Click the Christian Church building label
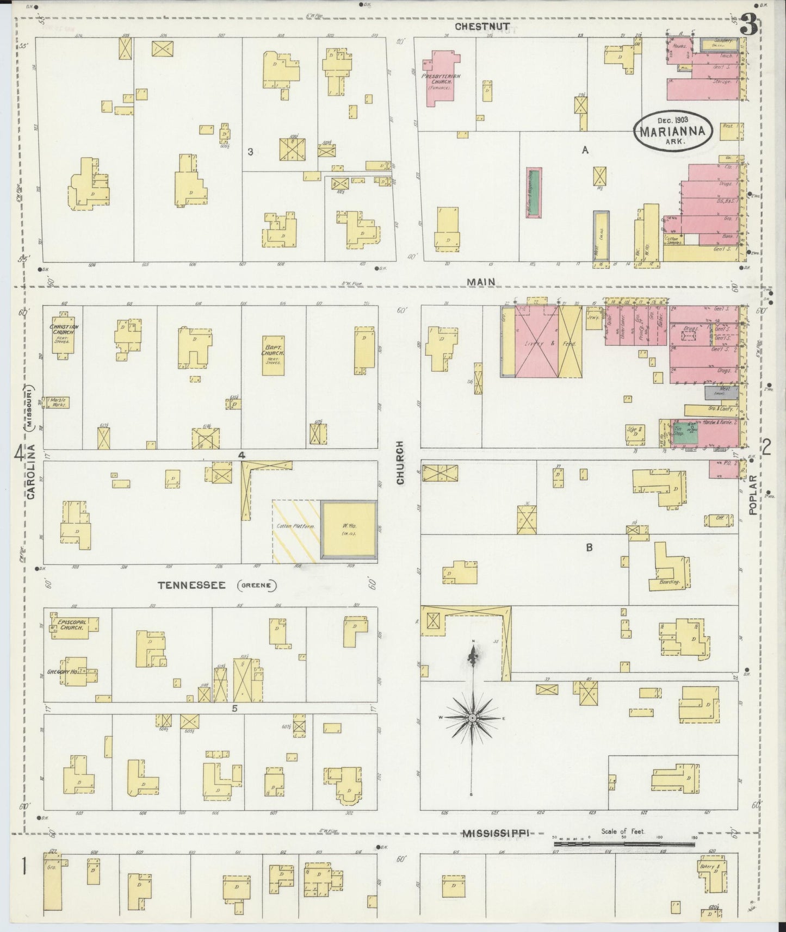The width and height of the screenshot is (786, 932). click(64, 330)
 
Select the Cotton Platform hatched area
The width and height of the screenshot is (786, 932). click(295, 527)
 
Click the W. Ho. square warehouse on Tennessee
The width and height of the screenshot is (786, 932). click(348, 529)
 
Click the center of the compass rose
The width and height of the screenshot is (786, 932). click(473, 718)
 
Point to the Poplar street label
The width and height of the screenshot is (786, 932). click(753, 494)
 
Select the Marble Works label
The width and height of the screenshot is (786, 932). click(59, 402)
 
